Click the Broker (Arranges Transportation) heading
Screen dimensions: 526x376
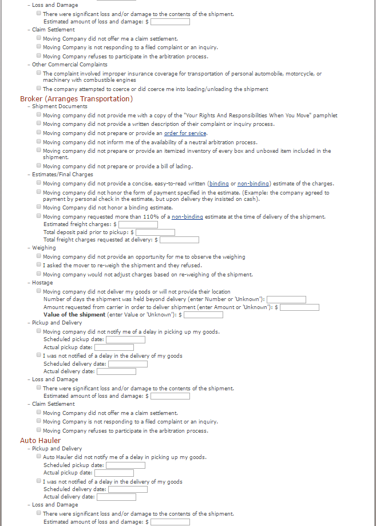click(x=76, y=98)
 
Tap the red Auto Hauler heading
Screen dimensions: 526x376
click(x=41, y=440)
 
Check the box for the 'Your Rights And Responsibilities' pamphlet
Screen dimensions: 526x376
click(x=38, y=115)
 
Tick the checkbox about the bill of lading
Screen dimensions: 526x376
click(x=38, y=165)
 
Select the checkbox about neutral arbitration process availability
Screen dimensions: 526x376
click(x=38, y=141)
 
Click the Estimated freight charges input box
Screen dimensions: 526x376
click(x=138, y=224)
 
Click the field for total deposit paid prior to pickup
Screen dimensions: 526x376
click(x=155, y=232)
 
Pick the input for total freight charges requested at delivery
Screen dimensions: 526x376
click(x=179, y=240)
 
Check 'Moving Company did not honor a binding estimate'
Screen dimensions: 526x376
click(x=38, y=207)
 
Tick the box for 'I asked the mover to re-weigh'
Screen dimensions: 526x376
click(x=38, y=265)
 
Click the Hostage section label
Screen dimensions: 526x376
click(x=42, y=283)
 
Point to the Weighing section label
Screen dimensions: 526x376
click(x=44, y=248)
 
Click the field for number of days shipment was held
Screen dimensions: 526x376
click(x=286, y=299)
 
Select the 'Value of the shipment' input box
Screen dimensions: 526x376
click(x=203, y=314)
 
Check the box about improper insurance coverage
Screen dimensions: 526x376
click(x=38, y=73)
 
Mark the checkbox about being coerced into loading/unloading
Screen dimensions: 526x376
click(x=38, y=88)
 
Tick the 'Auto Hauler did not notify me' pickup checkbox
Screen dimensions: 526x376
click(x=38, y=457)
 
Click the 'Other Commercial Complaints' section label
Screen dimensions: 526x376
click(x=69, y=65)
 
